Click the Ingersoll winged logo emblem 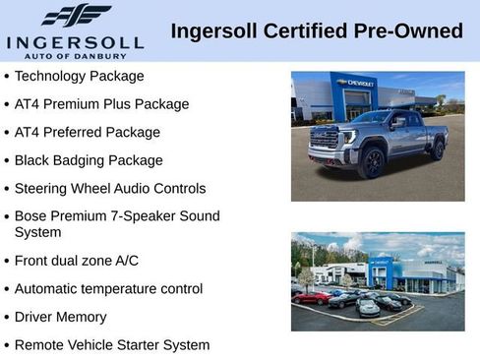coord(76,15)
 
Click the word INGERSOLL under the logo coord(75,42)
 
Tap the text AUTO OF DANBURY coord(76,56)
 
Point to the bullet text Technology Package coord(79,76)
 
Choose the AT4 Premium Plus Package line coord(101,103)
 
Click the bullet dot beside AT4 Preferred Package coord(7,133)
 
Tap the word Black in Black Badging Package coord(33,160)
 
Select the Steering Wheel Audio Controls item coord(110,188)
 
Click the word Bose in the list coord(32,215)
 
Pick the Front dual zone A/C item coord(77,261)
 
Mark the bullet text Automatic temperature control coord(108,288)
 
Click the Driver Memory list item coord(60,317)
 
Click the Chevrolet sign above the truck coord(355,84)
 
